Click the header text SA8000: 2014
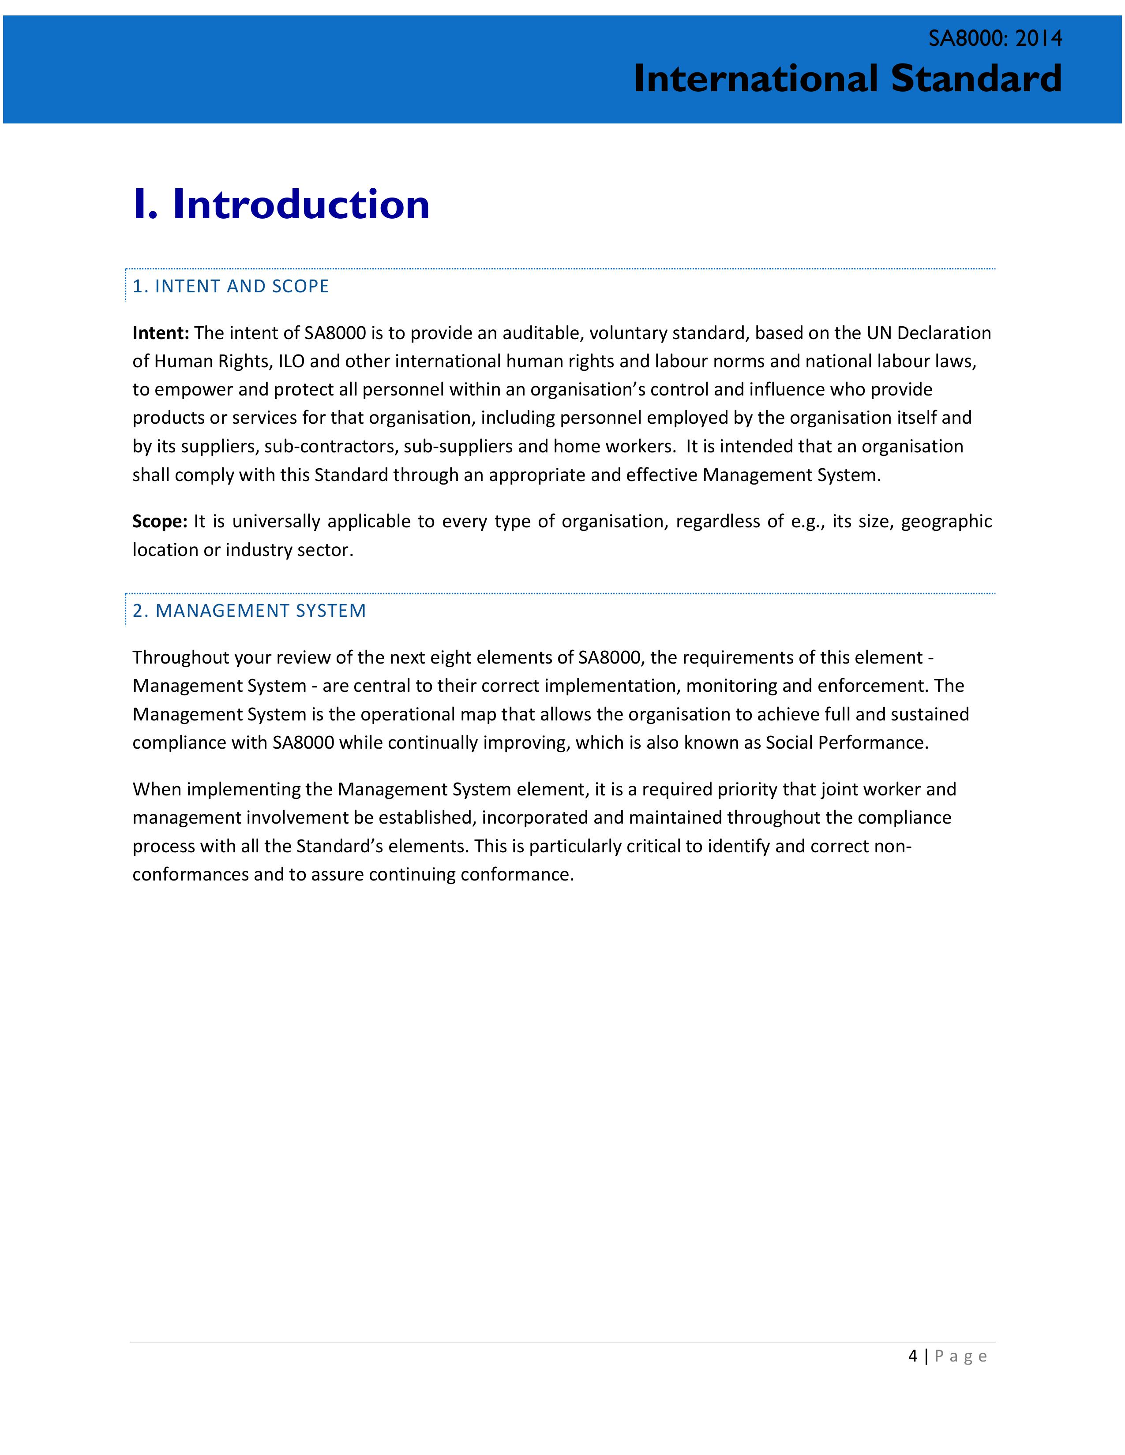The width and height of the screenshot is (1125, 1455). pos(995,39)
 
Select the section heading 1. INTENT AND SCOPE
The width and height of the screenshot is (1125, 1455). pos(231,287)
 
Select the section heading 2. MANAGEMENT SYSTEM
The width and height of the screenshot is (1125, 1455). pos(249,611)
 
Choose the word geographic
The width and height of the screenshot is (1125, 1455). pos(946,522)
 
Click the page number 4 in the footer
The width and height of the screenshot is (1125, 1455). pos(912,1356)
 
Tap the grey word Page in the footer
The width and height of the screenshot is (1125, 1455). pos(960,1356)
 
